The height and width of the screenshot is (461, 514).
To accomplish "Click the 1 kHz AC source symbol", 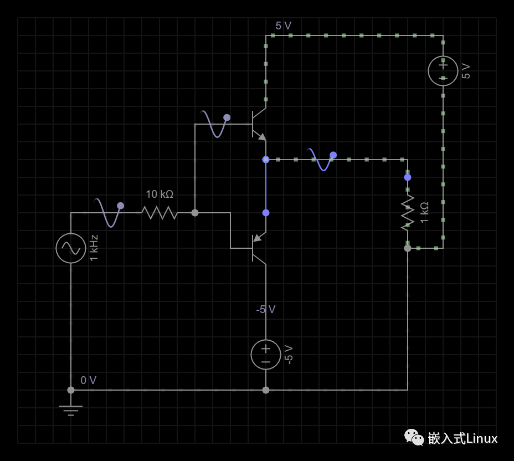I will click(71, 248).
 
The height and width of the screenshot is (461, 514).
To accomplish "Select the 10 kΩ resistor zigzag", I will click(160, 212).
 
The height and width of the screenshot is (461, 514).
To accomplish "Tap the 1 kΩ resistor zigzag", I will click(408, 212).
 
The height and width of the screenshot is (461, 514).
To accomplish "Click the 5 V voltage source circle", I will click(443, 71).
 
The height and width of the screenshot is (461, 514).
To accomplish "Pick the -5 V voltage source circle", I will click(266, 354).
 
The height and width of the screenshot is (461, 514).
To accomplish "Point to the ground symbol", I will click(71, 410).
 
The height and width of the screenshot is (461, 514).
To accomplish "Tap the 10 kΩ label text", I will click(160, 194).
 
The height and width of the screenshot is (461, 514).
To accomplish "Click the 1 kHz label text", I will click(94, 248).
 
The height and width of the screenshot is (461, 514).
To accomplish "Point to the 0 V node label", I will click(89, 381).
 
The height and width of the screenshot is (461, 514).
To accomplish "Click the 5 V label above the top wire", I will click(283, 26).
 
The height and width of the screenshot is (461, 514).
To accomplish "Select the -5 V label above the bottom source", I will click(265, 310).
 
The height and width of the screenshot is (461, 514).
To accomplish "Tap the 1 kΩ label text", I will click(425, 212).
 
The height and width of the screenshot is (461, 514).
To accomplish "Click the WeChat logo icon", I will click(414, 438).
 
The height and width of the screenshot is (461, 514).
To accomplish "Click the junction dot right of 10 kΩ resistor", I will click(195, 212).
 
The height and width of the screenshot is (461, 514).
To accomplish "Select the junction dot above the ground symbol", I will click(71, 390).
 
